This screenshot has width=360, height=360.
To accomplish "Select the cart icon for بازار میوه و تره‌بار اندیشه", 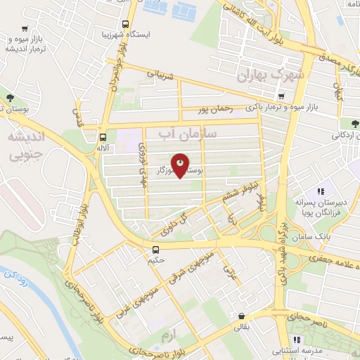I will pyautogui.click(x=25, y=29).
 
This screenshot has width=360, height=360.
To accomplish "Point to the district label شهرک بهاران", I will pyautogui.click(x=273, y=75).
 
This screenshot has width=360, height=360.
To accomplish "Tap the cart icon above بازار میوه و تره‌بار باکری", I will pyautogui.click(x=281, y=96).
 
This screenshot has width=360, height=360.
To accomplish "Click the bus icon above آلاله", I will pyautogui.click(x=103, y=137).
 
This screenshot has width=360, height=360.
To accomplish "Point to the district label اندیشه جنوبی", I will pyautogui.click(x=24, y=144).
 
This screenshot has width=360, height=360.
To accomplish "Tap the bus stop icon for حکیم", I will pyautogui.click(x=155, y=249).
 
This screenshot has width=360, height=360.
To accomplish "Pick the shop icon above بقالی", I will pyautogui.click(x=242, y=316).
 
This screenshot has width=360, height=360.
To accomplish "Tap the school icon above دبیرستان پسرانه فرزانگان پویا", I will pyautogui.click(x=320, y=191).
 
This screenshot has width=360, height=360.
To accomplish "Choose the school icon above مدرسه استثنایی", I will pyautogui.click(x=306, y=340).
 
